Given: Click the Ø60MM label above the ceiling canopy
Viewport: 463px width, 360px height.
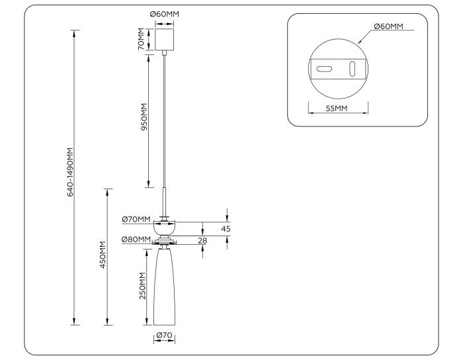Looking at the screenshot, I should (x=164, y=14).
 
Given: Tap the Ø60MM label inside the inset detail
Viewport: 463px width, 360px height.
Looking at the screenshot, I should (x=388, y=26).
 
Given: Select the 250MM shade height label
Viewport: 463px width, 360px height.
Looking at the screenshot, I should (x=143, y=286).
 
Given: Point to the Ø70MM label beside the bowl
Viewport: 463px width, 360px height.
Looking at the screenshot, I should (x=136, y=220).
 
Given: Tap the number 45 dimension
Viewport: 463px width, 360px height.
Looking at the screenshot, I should (x=226, y=229).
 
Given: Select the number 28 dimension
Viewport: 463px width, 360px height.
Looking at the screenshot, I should (x=202, y=240).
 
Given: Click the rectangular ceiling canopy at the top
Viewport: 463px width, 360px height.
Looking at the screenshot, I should (x=164, y=39).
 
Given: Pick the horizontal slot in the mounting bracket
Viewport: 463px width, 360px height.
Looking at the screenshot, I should (x=325, y=69).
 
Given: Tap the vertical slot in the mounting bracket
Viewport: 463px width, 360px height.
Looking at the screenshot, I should (x=353, y=69).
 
